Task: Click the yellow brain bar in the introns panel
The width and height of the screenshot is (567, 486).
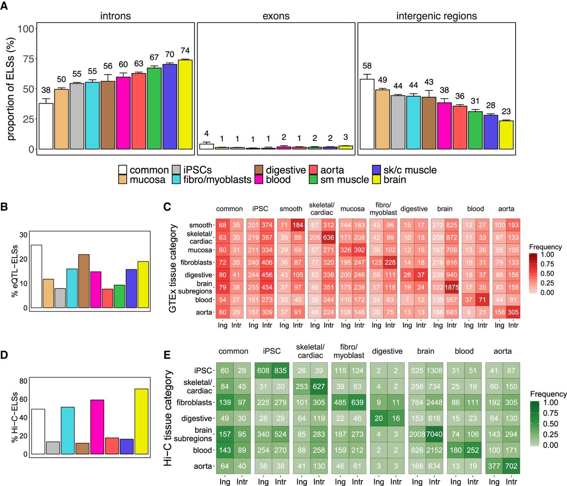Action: click(185, 105)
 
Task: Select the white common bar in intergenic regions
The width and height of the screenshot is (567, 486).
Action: click(367, 114)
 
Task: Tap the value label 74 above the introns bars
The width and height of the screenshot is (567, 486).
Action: click(185, 51)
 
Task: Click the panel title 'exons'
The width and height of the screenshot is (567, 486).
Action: click(276, 16)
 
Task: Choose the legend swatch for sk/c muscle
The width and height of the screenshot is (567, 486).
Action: click(377, 170)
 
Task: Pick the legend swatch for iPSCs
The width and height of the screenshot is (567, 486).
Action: click(176, 170)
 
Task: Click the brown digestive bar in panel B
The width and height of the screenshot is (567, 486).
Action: click(84, 281)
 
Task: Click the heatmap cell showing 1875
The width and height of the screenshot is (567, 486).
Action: click(452, 287)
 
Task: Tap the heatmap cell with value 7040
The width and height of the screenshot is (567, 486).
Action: click(434, 434)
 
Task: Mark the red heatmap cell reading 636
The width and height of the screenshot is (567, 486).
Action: click(328, 237)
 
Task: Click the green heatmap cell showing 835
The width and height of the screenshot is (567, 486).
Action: click(280, 370)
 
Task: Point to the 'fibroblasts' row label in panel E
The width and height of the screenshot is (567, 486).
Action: click(194, 402)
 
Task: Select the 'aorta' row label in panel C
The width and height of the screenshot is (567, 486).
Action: click(204, 312)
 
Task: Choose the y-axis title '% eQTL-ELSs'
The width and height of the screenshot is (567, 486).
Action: click(15, 271)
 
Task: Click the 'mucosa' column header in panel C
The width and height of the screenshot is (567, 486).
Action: click(352, 209)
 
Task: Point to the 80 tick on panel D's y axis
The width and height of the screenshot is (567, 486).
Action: click(23, 381)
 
